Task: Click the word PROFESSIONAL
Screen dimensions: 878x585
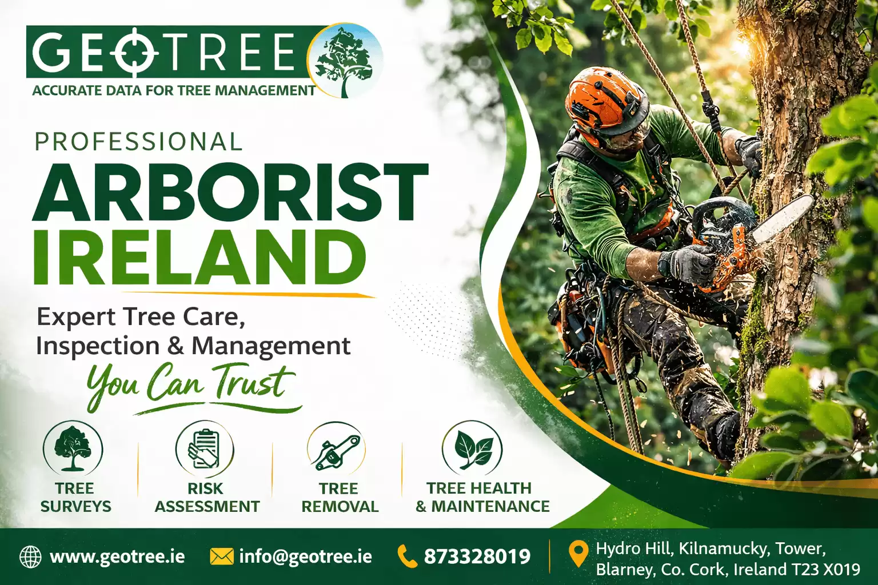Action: (x=138, y=141)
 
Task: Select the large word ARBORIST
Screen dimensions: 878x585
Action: (x=230, y=193)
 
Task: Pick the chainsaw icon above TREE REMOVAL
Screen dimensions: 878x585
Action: (x=336, y=449)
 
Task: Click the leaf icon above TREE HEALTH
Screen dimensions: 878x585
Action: (x=472, y=449)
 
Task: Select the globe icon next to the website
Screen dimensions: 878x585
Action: (x=30, y=556)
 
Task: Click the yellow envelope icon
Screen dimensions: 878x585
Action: (x=222, y=556)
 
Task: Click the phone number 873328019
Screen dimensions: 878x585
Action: (x=477, y=557)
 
